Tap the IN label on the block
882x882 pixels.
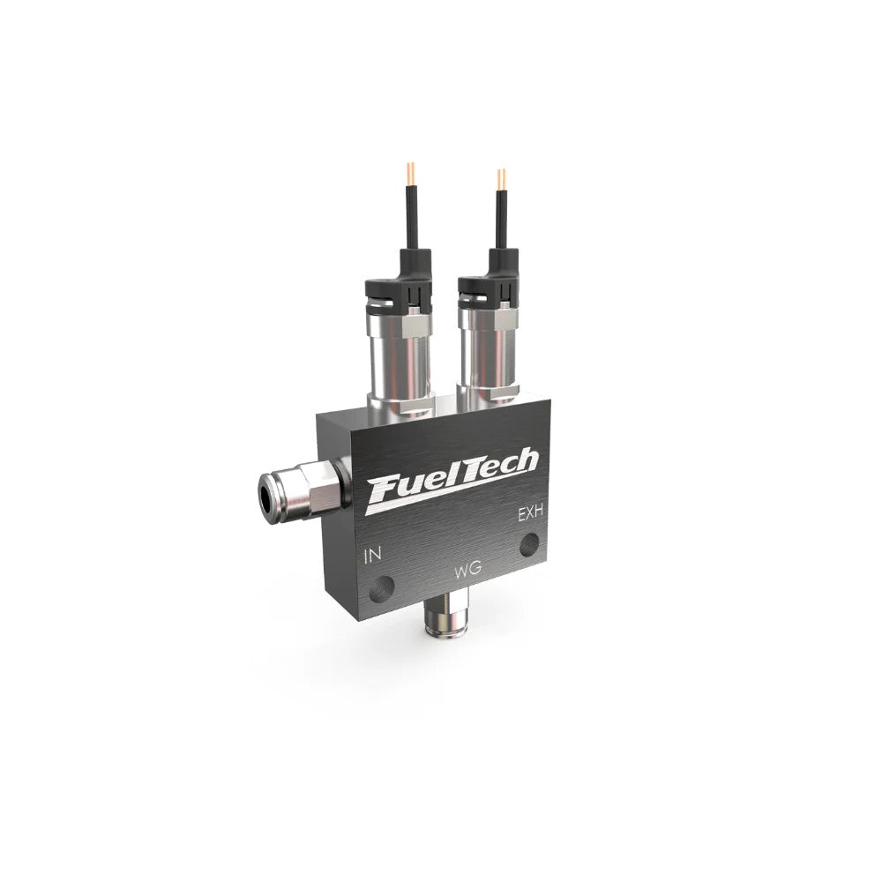point(373,555)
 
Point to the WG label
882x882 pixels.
point(467,571)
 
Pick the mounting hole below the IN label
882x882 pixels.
point(380,589)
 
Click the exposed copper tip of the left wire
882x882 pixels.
point(410,174)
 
